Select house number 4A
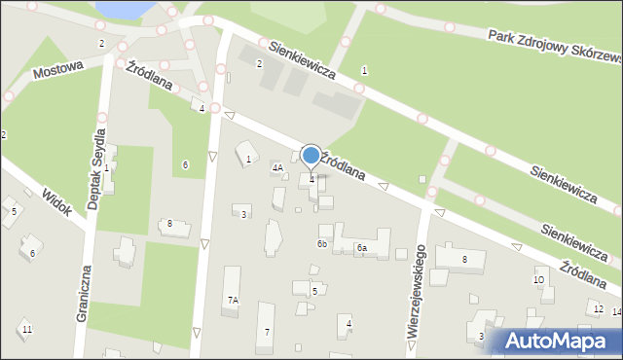277,168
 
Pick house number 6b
321,243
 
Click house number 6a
360,249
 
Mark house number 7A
233,302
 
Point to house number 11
27,331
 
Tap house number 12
597,309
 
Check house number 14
617,312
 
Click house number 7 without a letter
268,334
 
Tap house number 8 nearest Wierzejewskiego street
464,259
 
